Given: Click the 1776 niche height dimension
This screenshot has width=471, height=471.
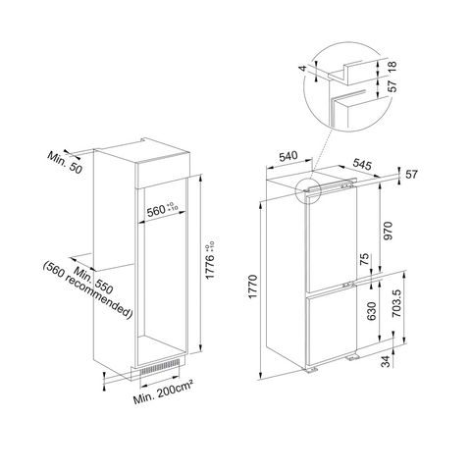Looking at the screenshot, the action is [209, 261].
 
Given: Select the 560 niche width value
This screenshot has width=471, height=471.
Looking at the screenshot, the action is [157, 211].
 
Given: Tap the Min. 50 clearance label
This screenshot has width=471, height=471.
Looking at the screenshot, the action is [65, 162].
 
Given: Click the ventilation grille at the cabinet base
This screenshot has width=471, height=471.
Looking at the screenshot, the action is [160, 366].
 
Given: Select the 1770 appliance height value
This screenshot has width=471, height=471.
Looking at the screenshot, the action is [253, 288].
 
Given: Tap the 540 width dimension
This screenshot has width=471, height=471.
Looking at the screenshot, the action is [288, 156].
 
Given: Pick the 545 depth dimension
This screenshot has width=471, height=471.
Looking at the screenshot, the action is [362, 164].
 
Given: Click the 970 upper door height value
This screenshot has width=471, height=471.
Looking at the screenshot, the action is [388, 231].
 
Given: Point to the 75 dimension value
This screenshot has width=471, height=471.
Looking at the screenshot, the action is [364, 259].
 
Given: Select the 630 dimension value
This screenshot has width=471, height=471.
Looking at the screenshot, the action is [372, 311].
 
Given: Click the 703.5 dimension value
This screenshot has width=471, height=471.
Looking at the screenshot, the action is [396, 303].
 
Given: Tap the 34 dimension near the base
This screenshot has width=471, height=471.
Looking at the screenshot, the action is [387, 362].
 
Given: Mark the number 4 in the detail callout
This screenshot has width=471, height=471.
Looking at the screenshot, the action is [303, 68].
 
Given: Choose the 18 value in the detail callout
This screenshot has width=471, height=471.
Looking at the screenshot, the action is [392, 67].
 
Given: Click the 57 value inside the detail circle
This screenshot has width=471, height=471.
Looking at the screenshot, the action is [392, 86].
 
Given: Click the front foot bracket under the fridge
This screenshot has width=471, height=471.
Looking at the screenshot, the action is [312, 370].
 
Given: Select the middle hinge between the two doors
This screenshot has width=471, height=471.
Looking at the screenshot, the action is [348, 285].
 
